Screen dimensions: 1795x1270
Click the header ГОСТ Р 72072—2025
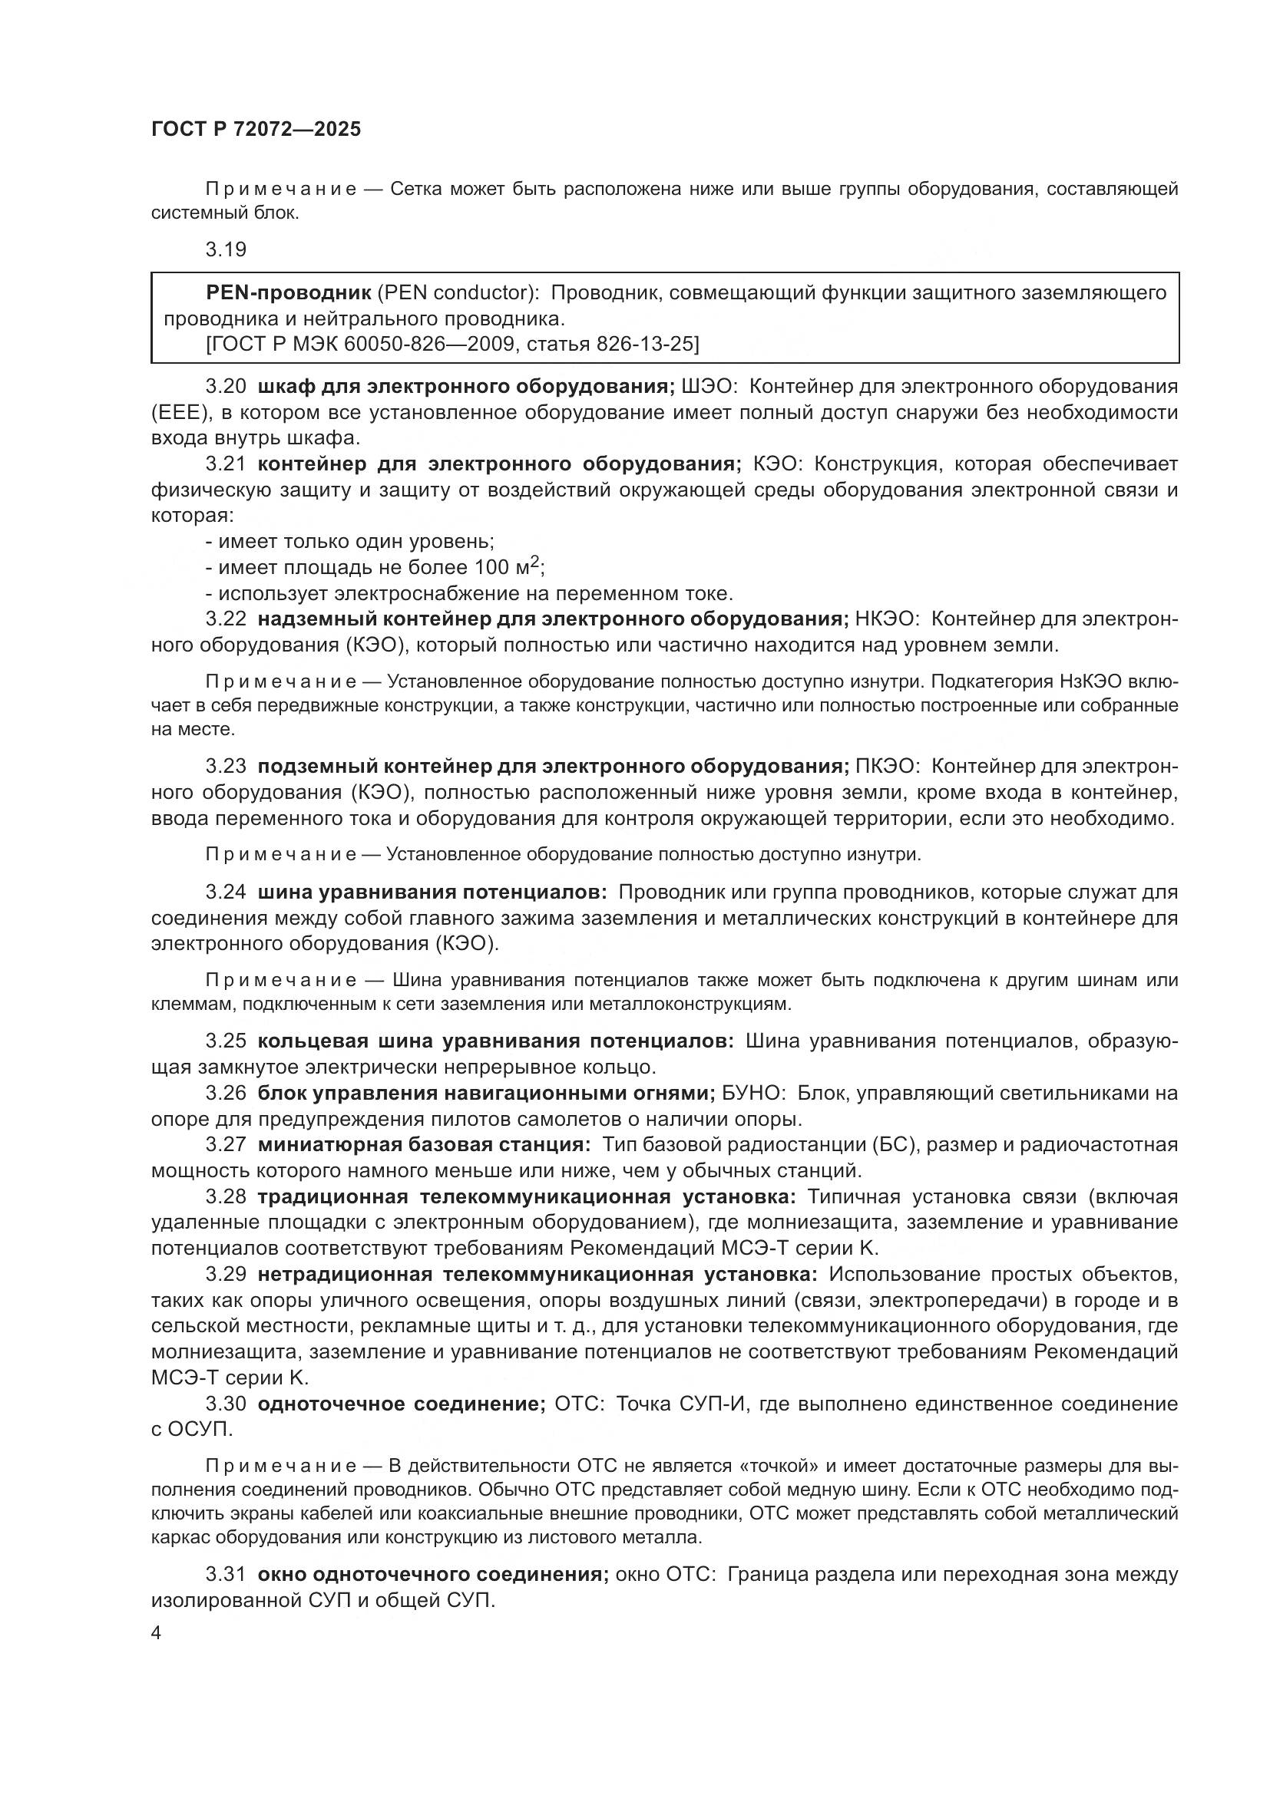point(256,130)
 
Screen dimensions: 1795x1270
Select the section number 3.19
point(225,249)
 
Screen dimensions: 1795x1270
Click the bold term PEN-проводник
point(288,293)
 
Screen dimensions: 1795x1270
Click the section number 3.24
point(225,892)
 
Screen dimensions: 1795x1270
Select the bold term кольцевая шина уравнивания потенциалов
point(495,1041)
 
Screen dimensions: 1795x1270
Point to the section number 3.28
point(225,1197)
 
